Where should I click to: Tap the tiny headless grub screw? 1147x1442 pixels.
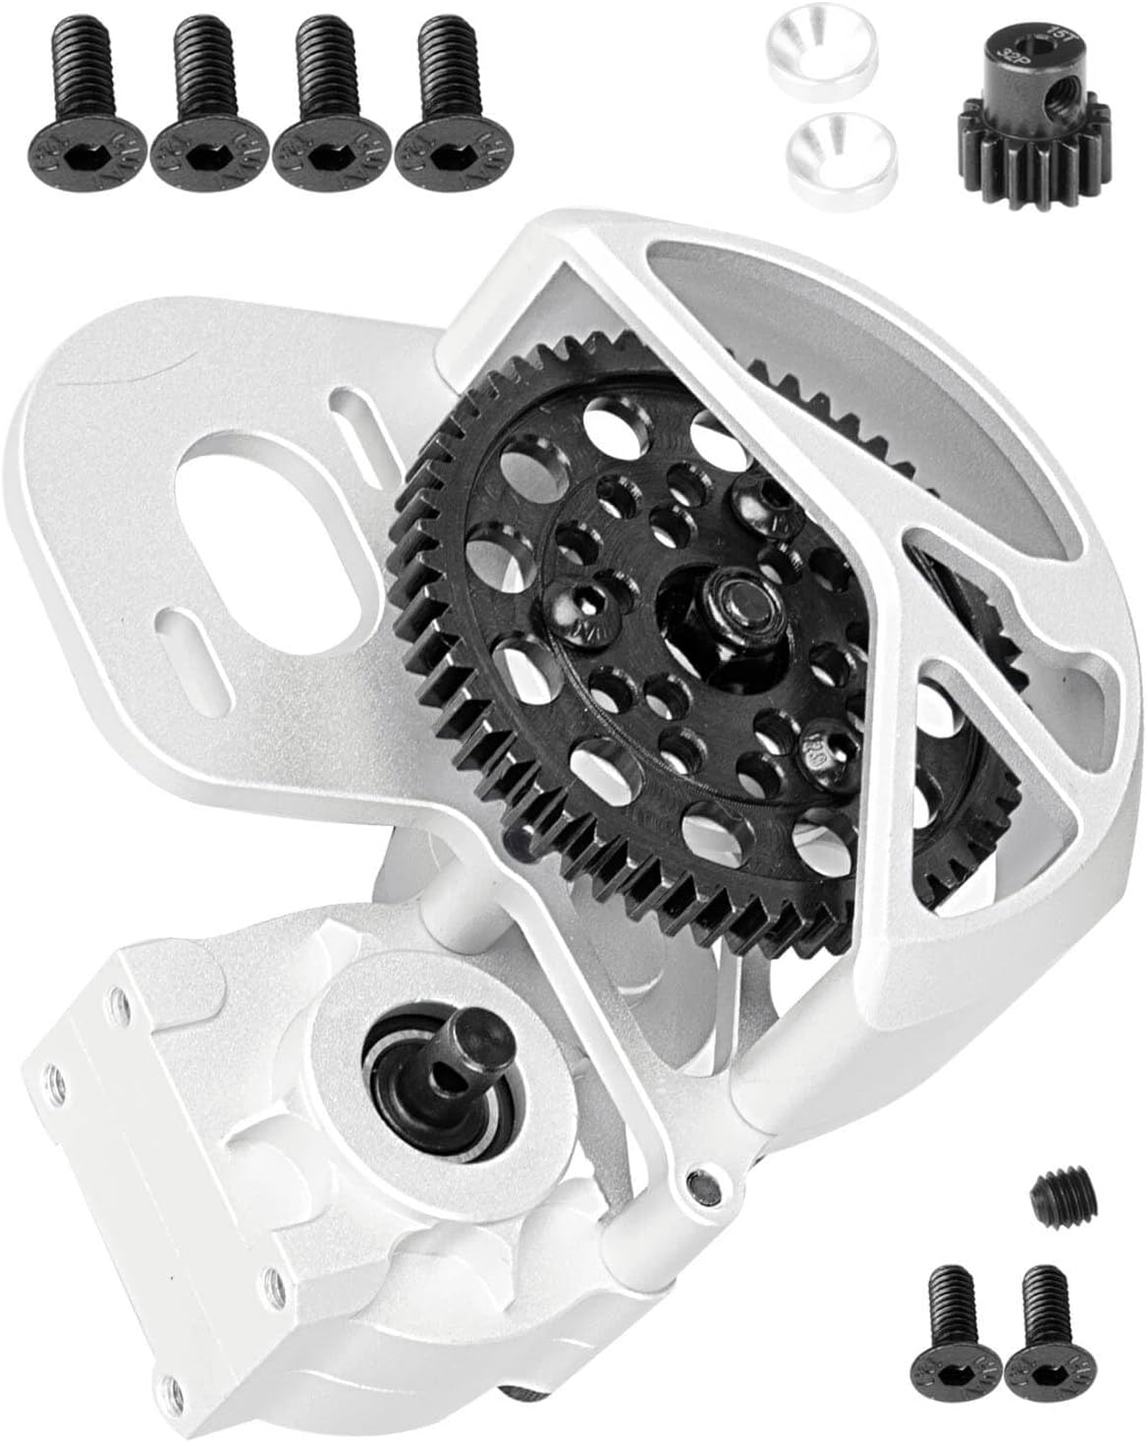pyautogui.click(x=1054, y=1193)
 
